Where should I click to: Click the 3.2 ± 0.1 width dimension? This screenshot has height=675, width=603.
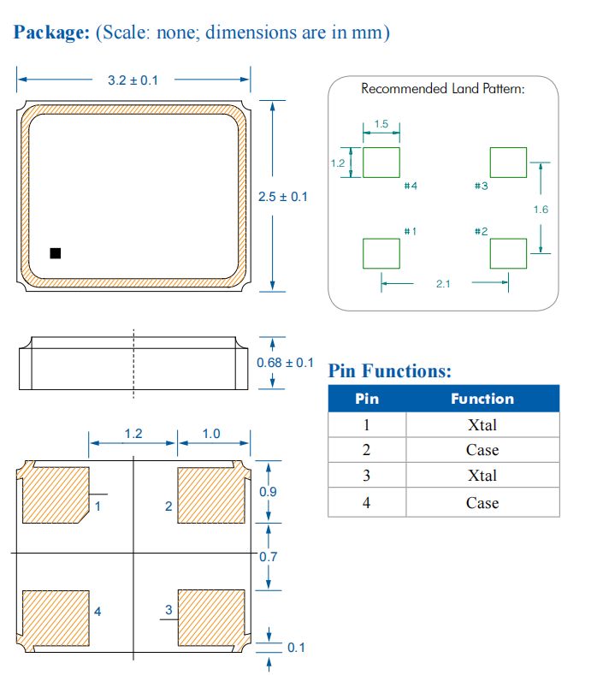(132, 80)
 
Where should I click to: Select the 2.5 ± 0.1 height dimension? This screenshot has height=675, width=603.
(282, 197)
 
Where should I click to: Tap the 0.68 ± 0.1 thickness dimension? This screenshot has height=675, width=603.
(285, 363)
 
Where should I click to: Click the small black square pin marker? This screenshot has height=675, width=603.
(56, 253)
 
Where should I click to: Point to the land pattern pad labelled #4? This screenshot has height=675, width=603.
(381, 162)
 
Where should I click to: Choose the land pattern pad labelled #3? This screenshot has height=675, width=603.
(507, 162)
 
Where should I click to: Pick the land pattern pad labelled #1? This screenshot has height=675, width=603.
(381, 253)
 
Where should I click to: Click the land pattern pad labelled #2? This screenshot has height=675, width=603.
(507, 253)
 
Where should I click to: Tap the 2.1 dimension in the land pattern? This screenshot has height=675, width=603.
(442, 284)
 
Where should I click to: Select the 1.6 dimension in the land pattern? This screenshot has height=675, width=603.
(541, 210)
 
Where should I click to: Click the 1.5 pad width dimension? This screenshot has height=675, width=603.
(381, 125)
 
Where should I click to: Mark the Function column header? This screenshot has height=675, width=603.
(482, 399)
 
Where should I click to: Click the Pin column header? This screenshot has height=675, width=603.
(367, 399)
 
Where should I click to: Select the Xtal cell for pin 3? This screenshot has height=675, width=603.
(482, 476)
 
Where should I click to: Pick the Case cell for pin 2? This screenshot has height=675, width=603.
(482, 450)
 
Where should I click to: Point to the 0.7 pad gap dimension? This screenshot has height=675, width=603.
(269, 557)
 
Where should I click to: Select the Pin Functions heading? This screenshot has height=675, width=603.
(390, 371)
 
